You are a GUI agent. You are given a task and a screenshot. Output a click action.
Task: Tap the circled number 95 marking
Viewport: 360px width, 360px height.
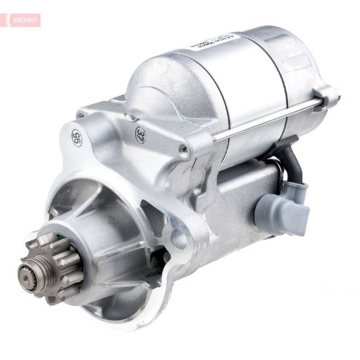pos(77,138)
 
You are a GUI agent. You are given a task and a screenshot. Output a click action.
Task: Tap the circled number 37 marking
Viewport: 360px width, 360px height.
pos(141,135)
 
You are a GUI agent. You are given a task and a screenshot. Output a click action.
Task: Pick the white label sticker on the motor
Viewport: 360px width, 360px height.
pos(213,42)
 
